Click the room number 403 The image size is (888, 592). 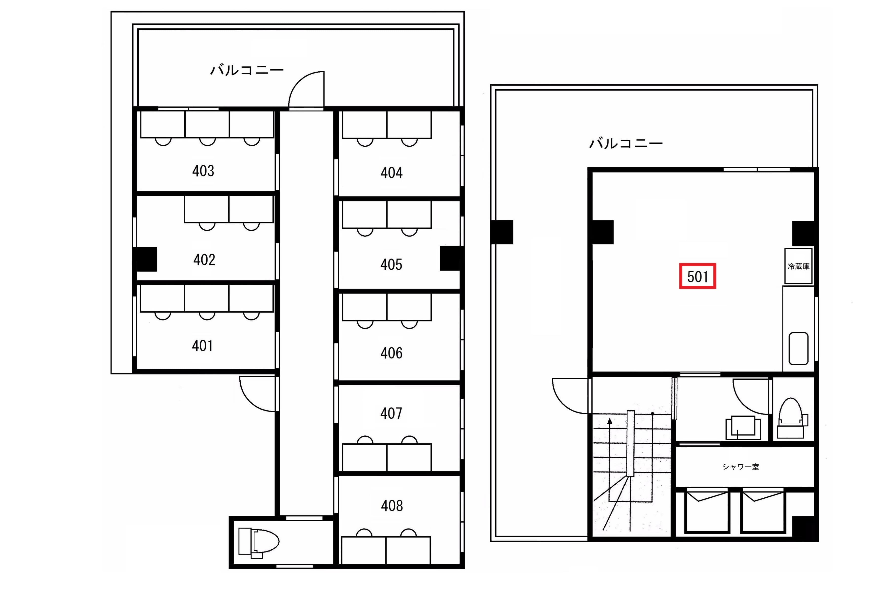click(203, 171)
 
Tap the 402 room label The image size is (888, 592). click(204, 260)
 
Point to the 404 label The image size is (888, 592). click(391, 173)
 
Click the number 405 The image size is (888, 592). click(391, 265)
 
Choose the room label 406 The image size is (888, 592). click(391, 353)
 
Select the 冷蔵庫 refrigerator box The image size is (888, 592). click(798, 266)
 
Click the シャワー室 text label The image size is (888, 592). click(740, 467)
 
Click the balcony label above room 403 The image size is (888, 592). click(247, 70)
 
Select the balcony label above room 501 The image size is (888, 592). click(626, 143)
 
